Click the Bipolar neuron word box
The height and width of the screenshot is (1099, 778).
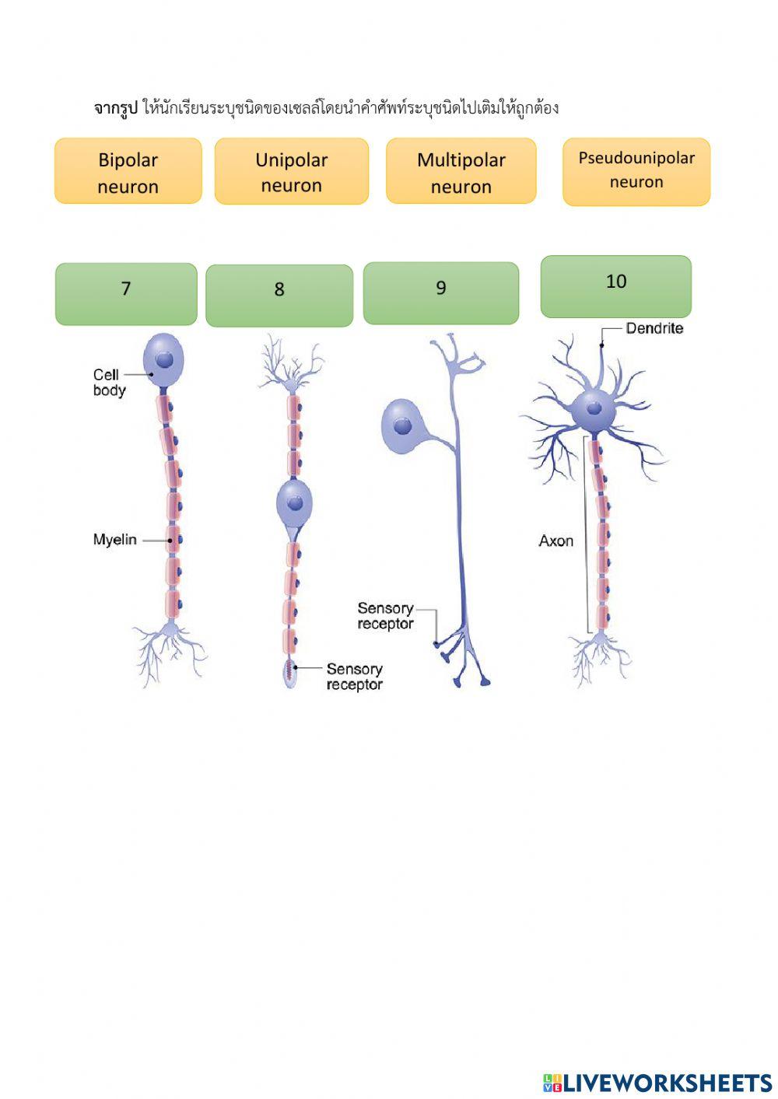(128, 172)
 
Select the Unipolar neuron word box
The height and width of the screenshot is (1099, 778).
(292, 172)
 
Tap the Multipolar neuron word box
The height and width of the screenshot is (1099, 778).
(461, 172)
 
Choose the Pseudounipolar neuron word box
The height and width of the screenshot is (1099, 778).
(636, 172)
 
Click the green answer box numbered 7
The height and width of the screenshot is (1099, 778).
(126, 294)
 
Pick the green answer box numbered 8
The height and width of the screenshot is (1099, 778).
(279, 296)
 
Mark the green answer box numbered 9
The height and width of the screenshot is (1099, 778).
(441, 293)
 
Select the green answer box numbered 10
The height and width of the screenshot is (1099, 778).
(616, 287)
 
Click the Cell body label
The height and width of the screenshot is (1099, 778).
(109, 383)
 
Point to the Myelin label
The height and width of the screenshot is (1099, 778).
(115, 540)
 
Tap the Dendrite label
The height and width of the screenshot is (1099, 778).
(654, 329)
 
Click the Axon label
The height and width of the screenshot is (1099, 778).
(556, 541)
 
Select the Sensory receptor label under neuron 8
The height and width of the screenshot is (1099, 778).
(354, 677)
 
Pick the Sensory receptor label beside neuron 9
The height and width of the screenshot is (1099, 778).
(385, 616)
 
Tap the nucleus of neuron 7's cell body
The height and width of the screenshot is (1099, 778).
(165, 359)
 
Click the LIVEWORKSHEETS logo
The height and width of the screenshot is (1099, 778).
(657, 1083)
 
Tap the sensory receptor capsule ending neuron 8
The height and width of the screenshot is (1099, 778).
(290, 674)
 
